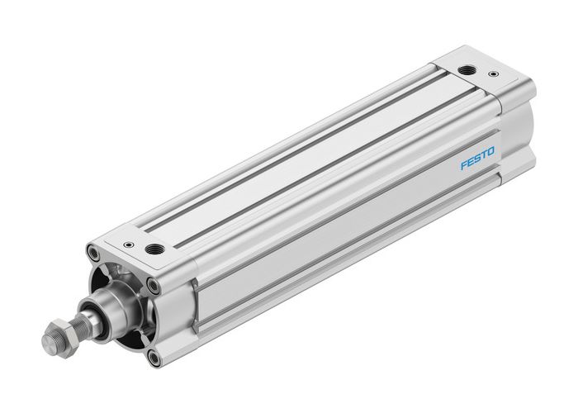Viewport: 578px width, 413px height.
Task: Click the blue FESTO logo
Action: click(x=476, y=155)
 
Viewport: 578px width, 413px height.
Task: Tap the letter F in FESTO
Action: click(x=462, y=162)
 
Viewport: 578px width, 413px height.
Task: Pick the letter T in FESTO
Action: click(x=483, y=153)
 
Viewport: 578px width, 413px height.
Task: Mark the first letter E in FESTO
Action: click(x=469, y=159)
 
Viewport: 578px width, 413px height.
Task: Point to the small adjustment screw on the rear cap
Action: click(x=497, y=75)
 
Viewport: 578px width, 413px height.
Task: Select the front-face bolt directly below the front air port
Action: click(x=154, y=285)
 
